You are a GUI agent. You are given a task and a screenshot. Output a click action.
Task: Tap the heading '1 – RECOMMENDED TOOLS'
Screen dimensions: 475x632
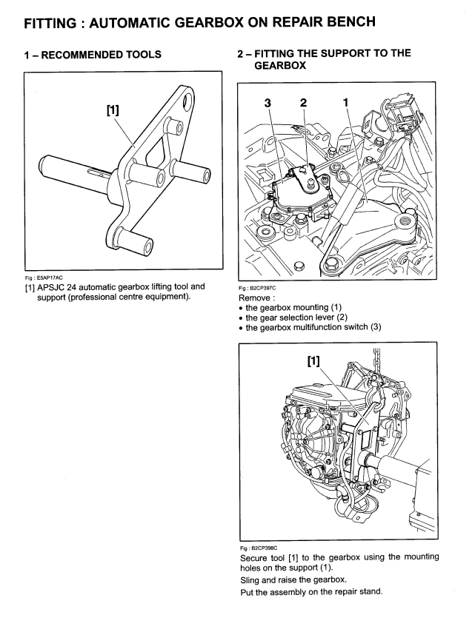[x=93, y=55]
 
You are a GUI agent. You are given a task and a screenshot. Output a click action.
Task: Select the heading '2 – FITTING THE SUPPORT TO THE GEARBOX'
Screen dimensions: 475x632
[x=324, y=59]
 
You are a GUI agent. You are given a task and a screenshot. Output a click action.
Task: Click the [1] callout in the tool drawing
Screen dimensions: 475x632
[x=113, y=110]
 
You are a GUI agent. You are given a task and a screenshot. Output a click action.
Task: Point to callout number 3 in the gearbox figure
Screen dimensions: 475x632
[x=268, y=103]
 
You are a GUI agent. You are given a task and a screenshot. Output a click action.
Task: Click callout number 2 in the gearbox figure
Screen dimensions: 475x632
[x=304, y=103]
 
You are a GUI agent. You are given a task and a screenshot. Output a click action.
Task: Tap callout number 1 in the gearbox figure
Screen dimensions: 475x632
[x=345, y=102]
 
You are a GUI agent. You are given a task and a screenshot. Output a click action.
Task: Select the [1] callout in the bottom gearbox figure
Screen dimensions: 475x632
[x=313, y=361]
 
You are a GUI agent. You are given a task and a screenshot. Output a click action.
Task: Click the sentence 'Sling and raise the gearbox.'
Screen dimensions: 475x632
[x=293, y=580]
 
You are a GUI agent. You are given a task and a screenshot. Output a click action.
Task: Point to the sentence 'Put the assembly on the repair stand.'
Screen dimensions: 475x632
[x=311, y=592]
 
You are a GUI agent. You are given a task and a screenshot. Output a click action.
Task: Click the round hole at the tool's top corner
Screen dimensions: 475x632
[x=186, y=101]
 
